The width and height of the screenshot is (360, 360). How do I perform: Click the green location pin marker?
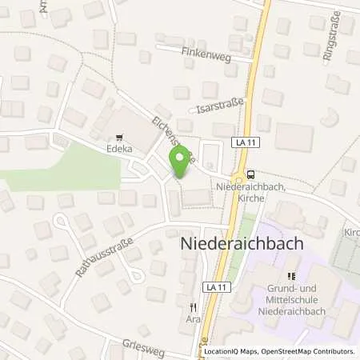[x=180, y=163]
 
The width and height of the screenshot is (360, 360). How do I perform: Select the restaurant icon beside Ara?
[x=192, y=306]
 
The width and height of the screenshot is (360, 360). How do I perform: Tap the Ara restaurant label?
[x=192, y=318]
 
